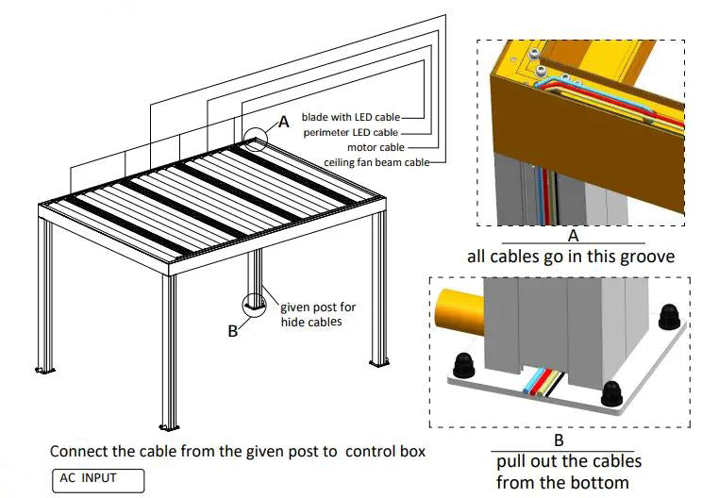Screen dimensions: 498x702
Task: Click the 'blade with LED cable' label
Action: tap(350, 117)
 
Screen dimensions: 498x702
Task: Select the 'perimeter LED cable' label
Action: tap(351, 132)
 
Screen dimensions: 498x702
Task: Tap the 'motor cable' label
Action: tap(379, 147)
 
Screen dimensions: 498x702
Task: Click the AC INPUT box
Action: tap(98, 479)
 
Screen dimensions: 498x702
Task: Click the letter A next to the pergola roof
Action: tap(283, 122)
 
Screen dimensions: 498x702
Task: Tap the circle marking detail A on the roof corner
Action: tap(255, 142)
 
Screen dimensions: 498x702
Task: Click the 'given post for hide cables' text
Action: tap(318, 314)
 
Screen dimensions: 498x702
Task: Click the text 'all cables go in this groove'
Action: tap(571, 256)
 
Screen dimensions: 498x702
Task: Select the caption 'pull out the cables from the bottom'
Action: tap(569, 472)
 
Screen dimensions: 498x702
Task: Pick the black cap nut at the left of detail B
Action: tap(464, 365)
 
